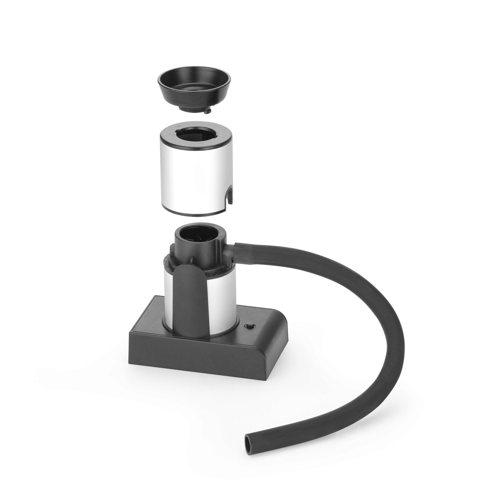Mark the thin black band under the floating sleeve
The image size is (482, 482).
pyautogui.click(x=196, y=214)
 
